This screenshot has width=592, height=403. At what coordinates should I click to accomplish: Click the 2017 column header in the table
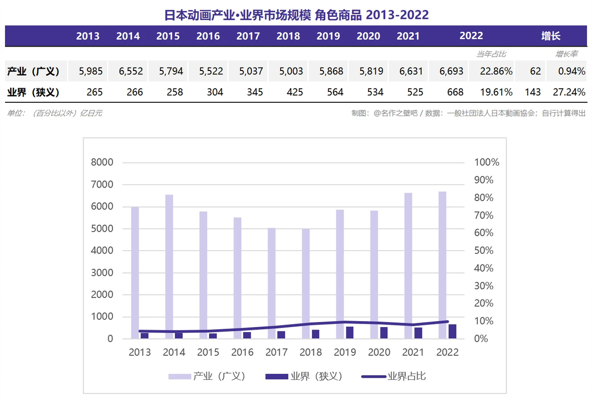click(x=248, y=36)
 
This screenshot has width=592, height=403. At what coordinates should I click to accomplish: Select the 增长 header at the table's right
click(x=550, y=36)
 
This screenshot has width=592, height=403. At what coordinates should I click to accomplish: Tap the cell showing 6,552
click(x=131, y=71)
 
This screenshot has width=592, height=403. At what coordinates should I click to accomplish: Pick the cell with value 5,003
click(x=291, y=71)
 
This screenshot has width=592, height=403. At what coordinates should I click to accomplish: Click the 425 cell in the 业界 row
click(x=295, y=92)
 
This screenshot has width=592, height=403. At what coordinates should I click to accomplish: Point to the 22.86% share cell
click(x=496, y=71)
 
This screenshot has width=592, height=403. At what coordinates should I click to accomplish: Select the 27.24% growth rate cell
click(x=569, y=92)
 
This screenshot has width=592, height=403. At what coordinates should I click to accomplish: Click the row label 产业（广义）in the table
click(x=33, y=71)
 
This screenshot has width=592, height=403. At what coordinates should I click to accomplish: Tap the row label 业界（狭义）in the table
click(x=33, y=92)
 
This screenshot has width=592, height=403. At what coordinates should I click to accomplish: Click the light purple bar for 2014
click(x=169, y=267)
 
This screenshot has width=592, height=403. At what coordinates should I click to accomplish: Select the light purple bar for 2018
click(x=306, y=283)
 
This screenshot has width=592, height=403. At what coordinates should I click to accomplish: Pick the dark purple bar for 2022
click(x=452, y=332)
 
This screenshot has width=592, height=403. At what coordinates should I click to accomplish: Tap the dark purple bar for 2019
click(x=350, y=333)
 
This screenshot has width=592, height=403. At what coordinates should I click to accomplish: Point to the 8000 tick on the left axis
click(x=102, y=162)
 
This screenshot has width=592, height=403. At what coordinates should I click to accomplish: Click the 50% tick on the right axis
click(x=484, y=251)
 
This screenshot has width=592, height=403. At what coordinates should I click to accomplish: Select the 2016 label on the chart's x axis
click(x=242, y=352)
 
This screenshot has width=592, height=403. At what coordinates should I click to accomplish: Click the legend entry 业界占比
click(x=393, y=376)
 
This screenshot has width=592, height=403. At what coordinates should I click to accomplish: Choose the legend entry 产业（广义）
click(x=207, y=376)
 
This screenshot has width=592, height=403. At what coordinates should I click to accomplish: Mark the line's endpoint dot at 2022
click(x=447, y=322)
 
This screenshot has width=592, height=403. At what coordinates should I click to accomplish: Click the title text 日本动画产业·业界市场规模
click(x=237, y=15)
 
